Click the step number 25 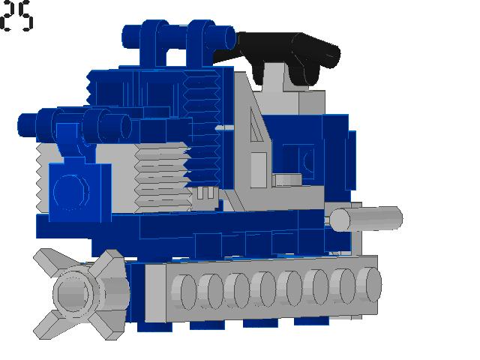pyautogui.click(x=16, y=16)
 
